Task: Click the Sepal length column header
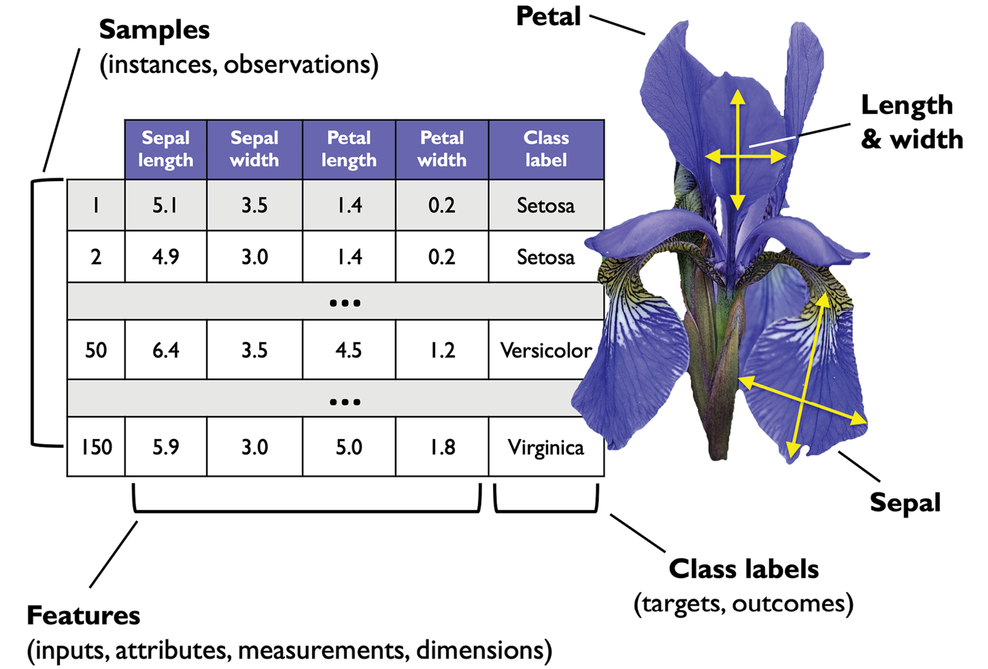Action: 166,149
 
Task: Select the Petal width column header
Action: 442,149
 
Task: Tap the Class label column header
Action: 546,149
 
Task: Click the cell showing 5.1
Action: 166,205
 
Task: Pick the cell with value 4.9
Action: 166,257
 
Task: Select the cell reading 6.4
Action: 166,350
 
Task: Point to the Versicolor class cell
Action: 546,350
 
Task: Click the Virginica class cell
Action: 546,447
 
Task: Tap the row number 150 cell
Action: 96,447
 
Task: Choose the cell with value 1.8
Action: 442,447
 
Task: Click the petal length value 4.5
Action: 349,350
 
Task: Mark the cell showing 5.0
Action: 349,447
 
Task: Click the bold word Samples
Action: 154,30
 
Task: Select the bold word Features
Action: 83,615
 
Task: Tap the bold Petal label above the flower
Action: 548,16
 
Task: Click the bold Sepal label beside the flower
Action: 905,503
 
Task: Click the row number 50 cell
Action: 96,350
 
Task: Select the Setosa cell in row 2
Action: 546,257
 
